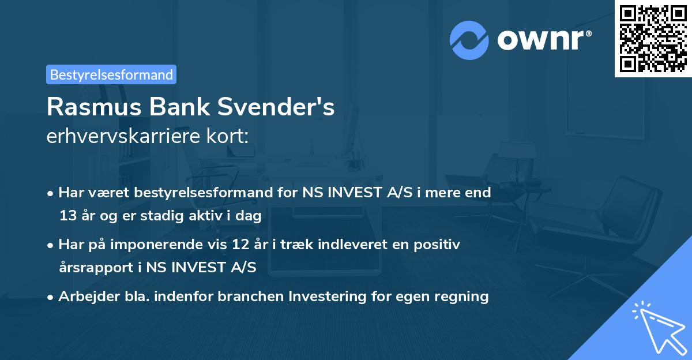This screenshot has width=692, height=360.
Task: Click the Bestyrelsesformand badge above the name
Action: tap(111, 74)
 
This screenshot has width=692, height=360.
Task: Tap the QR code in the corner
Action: tap(653, 38)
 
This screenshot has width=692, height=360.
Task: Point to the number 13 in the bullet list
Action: tap(67, 216)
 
